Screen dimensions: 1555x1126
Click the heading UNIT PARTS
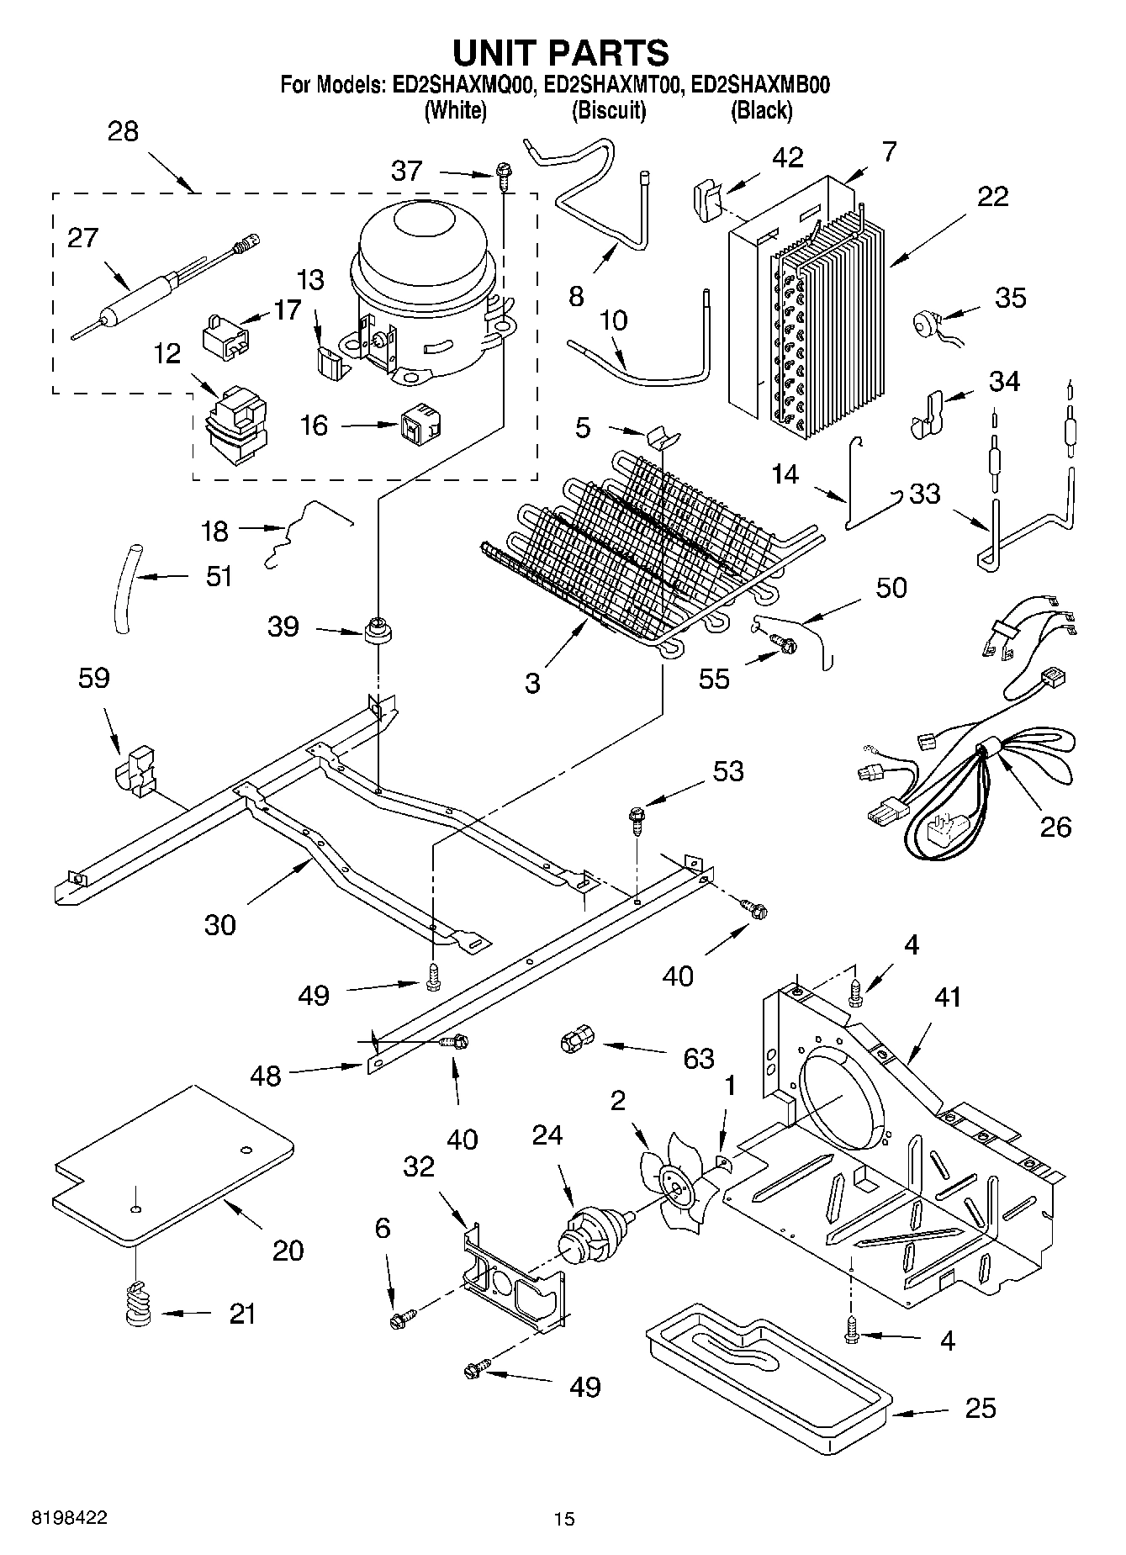click(561, 53)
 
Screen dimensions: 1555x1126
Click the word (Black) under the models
click(761, 110)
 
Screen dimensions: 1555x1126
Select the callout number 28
click(123, 132)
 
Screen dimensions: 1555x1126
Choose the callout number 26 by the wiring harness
click(1055, 827)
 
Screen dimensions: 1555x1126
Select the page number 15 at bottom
click(563, 1519)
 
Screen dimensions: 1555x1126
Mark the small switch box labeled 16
click(421, 425)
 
